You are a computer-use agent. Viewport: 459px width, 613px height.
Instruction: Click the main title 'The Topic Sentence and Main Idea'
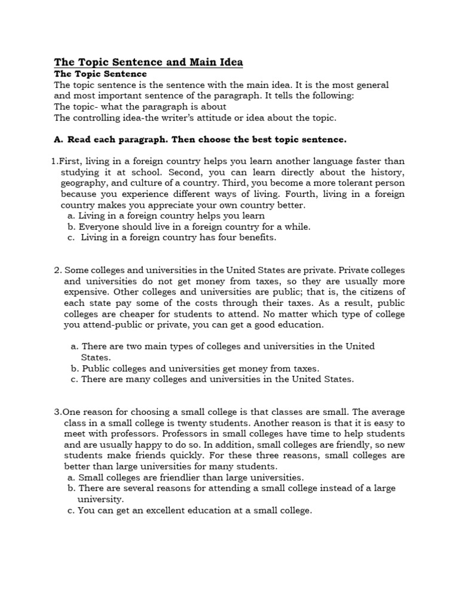(148, 62)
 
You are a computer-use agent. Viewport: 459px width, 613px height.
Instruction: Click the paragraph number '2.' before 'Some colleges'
(58, 270)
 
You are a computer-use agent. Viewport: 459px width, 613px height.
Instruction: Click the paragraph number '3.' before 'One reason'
(58, 412)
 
